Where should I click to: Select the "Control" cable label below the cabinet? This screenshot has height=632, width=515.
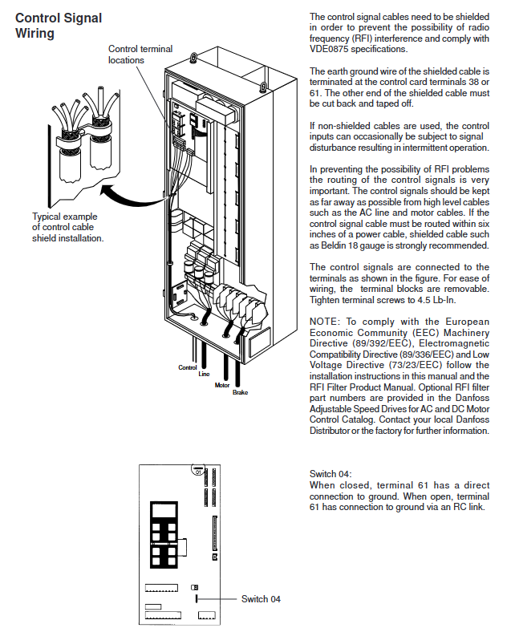point(187,367)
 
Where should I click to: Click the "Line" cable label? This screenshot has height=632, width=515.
point(204,374)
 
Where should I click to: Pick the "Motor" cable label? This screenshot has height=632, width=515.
point(222,385)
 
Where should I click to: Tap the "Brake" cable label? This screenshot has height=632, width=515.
point(241,392)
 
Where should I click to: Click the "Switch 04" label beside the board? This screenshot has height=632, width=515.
point(262,599)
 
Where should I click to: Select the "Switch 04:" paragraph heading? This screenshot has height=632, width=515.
point(330,474)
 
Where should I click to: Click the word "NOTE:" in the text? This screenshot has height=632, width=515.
point(326,321)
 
